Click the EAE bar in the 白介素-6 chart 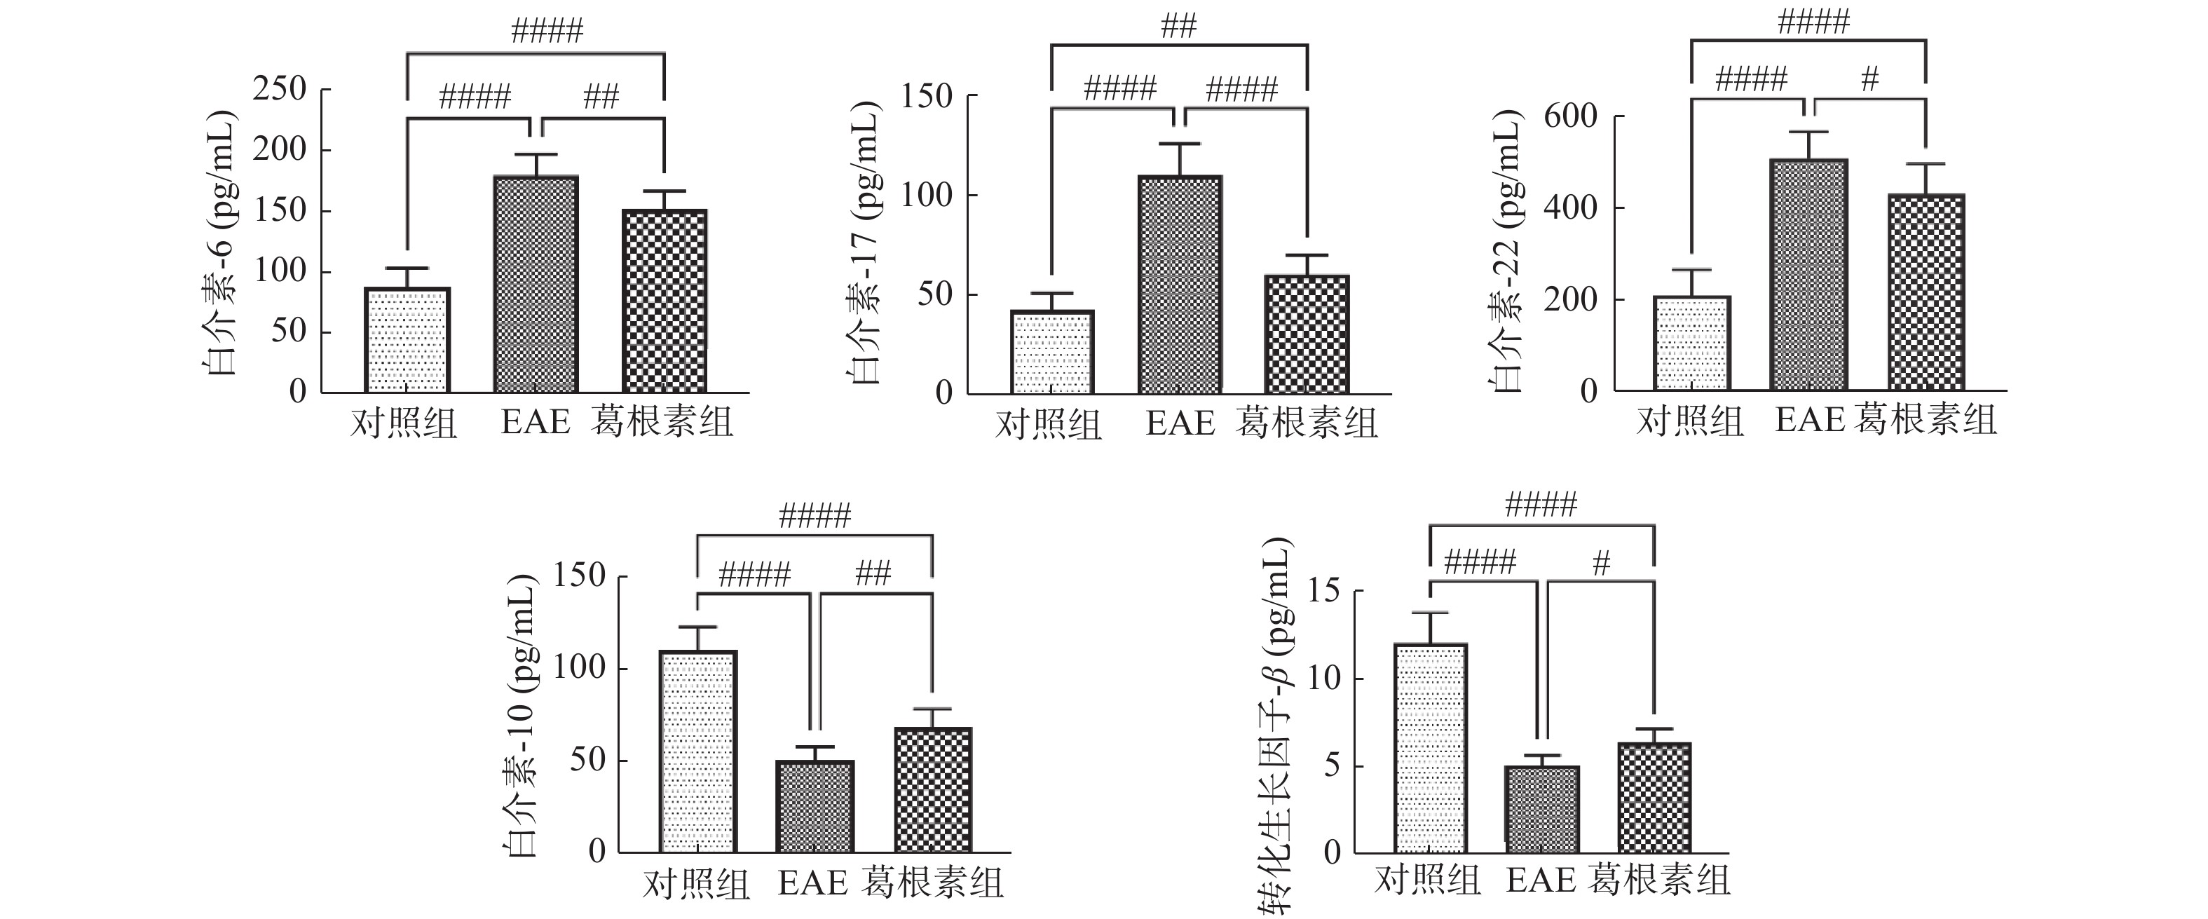(536, 284)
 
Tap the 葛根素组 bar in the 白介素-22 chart (1926, 292)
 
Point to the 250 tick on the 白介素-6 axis (280, 88)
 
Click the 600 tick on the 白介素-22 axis (1570, 116)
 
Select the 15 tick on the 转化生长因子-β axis (1323, 591)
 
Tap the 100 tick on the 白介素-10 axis (580, 667)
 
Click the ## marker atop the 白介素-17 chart (1178, 27)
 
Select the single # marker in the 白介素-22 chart (1869, 80)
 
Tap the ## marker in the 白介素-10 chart (873, 573)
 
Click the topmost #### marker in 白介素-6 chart (547, 32)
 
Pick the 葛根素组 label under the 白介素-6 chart (662, 423)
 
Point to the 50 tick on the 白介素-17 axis (934, 294)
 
